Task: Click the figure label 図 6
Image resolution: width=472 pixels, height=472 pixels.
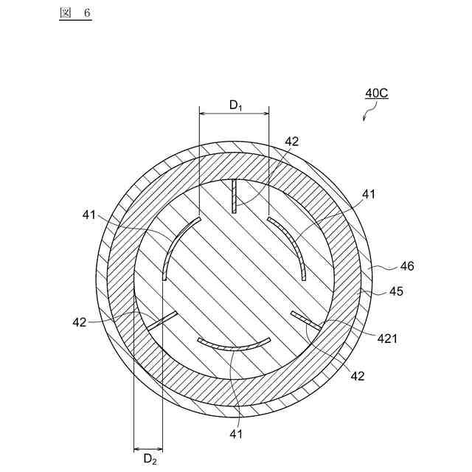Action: (x=75, y=13)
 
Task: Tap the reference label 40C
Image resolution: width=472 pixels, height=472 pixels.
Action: (x=377, y=93)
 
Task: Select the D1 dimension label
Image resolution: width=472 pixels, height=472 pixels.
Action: (x=236, y=105)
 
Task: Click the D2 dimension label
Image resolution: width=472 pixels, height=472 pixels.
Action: (x=150, y=459)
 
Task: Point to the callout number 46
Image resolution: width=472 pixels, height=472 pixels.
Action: (x=407, y=266)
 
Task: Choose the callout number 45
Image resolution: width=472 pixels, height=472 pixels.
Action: (x=396, y=291)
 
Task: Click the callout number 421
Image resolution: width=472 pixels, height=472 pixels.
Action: (x=387, y=339)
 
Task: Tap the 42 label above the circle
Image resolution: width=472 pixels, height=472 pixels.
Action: (x=292, y=141)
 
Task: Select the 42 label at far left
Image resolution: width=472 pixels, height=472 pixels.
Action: (x=80, y=322)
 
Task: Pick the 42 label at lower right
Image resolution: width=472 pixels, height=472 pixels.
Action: (x=358, y=376)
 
